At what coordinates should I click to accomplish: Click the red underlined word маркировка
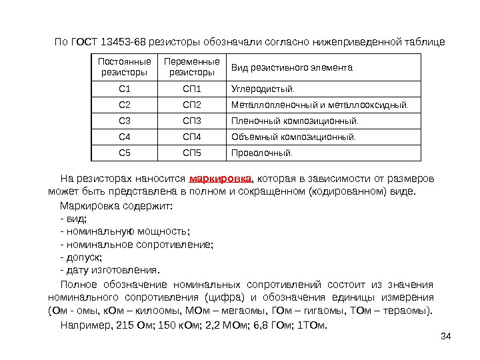[221, 179]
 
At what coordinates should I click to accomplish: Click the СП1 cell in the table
[191, 88]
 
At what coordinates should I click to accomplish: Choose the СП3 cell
[191, 121]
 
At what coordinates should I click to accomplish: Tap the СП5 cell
[191, 153]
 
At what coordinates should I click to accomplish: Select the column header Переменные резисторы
[192, 67]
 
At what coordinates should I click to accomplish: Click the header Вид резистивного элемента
[292, 67]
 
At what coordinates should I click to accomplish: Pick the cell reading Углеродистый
[261, 88]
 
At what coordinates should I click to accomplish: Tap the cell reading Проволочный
[261, 153]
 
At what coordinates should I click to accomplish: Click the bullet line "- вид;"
[74, 218]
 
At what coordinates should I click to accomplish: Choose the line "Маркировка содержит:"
[117, 205]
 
